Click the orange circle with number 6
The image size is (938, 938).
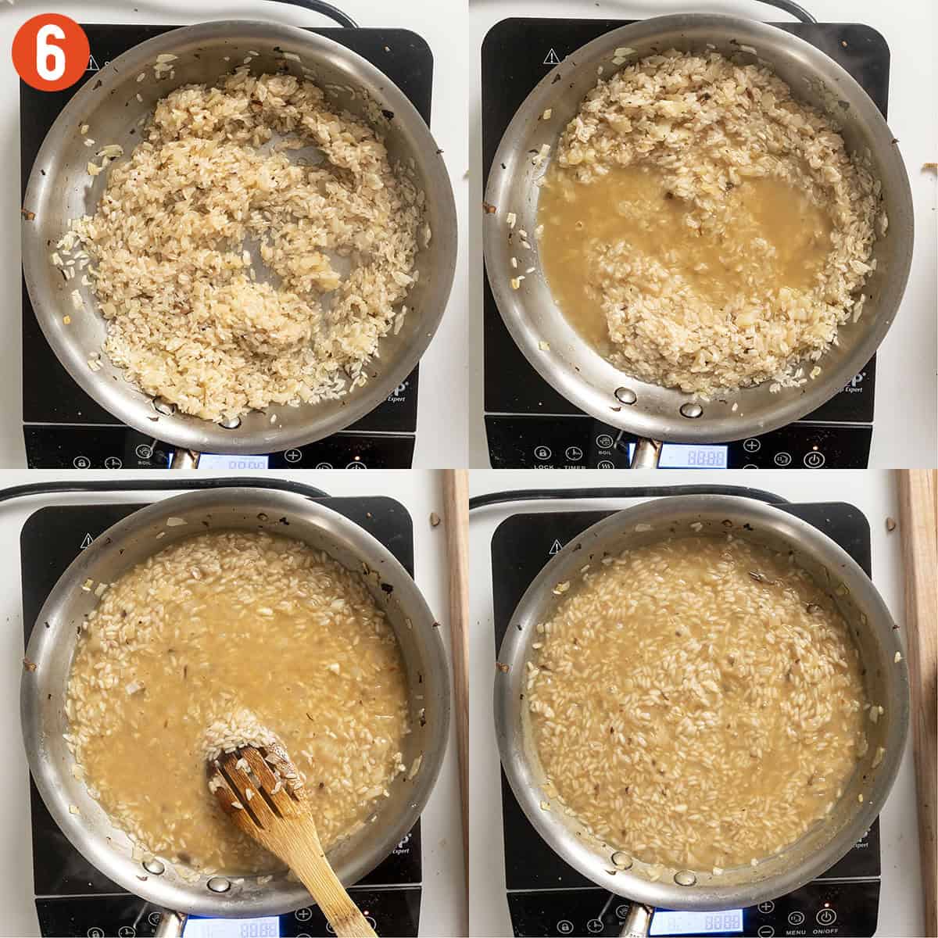[x=50, y=51]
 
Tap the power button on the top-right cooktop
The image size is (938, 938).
[x=813, y=459]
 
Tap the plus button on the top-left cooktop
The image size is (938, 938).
[x=292, y=455]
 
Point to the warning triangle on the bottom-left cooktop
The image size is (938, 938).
[x=86, y=539]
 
